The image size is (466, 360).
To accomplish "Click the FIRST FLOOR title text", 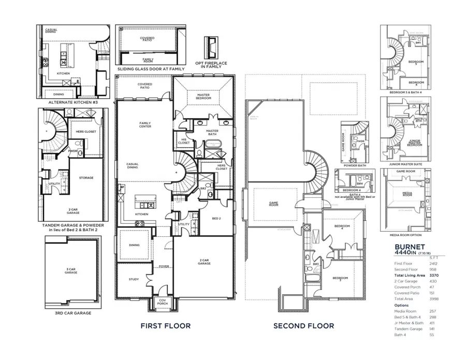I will tap(166, 326).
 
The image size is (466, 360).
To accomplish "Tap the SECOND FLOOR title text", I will tap(303, 326).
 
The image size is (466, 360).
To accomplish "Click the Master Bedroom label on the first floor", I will tap(203, 97).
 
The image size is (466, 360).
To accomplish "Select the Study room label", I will tap(134, 280).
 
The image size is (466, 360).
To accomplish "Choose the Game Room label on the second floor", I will tap(274, 204).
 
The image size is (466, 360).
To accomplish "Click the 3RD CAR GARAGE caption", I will tap(73, 313).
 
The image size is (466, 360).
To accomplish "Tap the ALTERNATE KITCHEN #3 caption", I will tap(73, 103).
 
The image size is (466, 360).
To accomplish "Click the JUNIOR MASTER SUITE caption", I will tap(405, 163).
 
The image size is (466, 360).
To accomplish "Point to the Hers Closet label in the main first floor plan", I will tap(222, 167).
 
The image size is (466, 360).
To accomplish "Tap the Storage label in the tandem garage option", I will tap(86, 178).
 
